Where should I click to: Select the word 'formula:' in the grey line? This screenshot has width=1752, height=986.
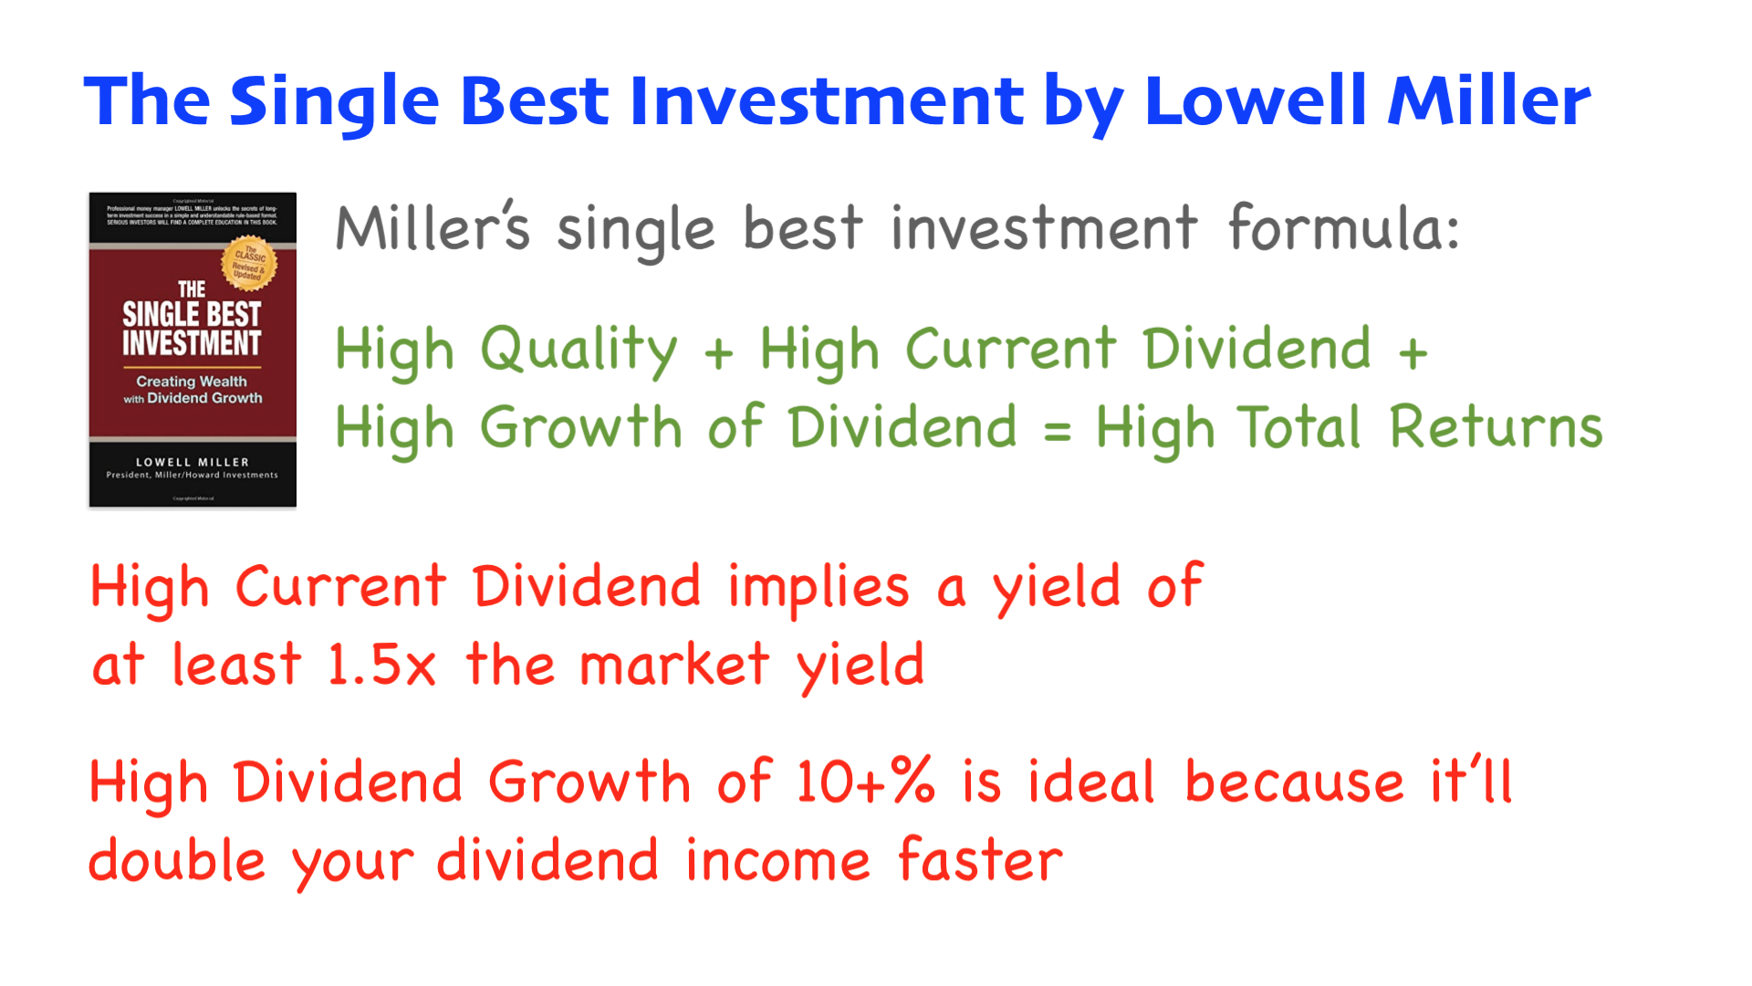[x=1343, y=228]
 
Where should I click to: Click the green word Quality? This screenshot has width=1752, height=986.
[x=579, y=351]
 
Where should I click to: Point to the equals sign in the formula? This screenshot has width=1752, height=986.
[x=1057, y=430]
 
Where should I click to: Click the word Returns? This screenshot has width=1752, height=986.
[x=1496, y=427]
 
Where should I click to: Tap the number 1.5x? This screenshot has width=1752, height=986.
[x=381, y=665]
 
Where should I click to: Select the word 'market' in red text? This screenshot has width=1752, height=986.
[x=674, y=665]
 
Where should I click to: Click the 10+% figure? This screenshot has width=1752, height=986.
[x=865, y=782]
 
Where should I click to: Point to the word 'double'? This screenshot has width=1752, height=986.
[x=177, y=861]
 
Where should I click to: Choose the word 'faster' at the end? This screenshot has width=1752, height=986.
[x=980, y=861]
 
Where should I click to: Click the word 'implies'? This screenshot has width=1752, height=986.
[x=819, y=587]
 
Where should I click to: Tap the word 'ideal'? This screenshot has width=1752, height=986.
[x=1091, y=782]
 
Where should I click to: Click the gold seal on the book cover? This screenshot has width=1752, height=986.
[x=248, y=264]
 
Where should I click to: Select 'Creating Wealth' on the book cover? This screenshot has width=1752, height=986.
[x=192, y=382]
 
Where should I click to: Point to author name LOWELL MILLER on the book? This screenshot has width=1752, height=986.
[x=193, y=462]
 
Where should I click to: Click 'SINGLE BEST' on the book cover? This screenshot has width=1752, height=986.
[x=192, y=315]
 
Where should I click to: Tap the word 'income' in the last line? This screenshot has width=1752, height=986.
[x=777, y=861]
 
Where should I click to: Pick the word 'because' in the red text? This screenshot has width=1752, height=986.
[x=1294, y=782]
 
